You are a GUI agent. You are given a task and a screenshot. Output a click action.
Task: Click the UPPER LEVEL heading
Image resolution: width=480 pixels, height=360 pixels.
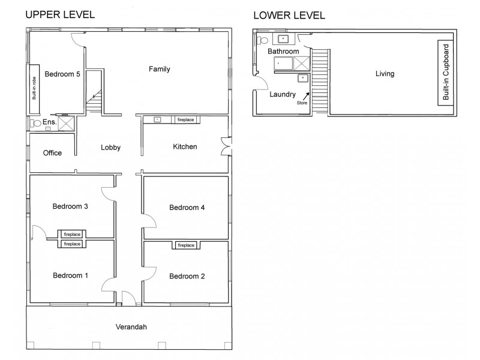pos(59,15)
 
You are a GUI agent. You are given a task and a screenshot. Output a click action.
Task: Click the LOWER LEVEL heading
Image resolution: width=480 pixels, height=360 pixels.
pos(289,15)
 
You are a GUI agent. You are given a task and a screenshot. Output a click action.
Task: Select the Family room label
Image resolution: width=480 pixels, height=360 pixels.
pos(160,69)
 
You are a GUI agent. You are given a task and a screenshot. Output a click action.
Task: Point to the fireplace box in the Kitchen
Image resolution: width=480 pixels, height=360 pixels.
pos(185,120)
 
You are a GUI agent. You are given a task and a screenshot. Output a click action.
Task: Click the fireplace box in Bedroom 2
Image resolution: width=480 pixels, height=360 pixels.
pos(185,245)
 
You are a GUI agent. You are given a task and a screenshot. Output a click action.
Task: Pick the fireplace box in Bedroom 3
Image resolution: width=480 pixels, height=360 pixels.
pos(72,234)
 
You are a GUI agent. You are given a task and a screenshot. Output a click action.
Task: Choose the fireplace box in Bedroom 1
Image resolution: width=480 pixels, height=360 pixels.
pos(72,244)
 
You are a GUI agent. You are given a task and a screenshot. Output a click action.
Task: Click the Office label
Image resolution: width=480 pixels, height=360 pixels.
pos(52,153)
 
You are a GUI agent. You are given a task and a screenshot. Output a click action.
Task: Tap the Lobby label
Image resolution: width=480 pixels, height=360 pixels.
pos(110,147)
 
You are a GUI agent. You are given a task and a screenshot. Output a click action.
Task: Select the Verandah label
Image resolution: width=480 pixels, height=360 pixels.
pos(131,327)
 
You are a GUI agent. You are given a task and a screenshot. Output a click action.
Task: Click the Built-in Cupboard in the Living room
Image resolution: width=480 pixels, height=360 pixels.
pos(445,72)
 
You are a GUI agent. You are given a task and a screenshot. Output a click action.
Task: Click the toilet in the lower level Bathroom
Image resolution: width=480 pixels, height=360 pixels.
pos(263,41)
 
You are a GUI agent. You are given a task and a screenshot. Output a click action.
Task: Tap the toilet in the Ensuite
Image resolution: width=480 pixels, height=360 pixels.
pos(37,123)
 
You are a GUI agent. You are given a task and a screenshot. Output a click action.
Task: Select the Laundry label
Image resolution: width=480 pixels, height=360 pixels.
pos(282,94)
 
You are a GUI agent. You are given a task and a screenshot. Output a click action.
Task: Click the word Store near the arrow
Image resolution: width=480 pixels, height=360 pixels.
pos(302,103)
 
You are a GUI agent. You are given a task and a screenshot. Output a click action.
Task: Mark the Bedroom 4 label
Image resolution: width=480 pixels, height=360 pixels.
pos(187,208)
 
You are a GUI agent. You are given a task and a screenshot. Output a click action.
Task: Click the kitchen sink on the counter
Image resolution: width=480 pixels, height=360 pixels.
pos(157,120)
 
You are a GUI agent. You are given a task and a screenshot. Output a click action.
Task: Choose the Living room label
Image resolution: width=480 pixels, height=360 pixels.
pos(385,74)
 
